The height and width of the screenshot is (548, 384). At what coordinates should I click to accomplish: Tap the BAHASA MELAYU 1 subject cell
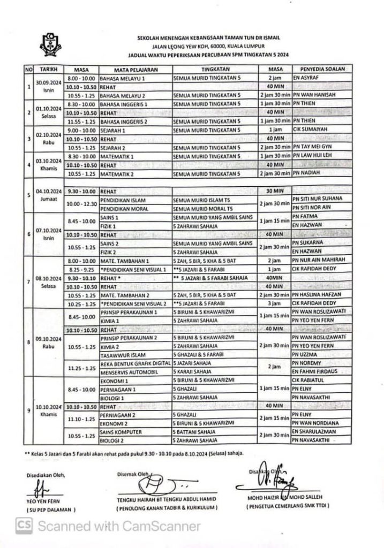[x=123, y=78]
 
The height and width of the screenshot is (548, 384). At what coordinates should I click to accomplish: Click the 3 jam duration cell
[x=274, y=303]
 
